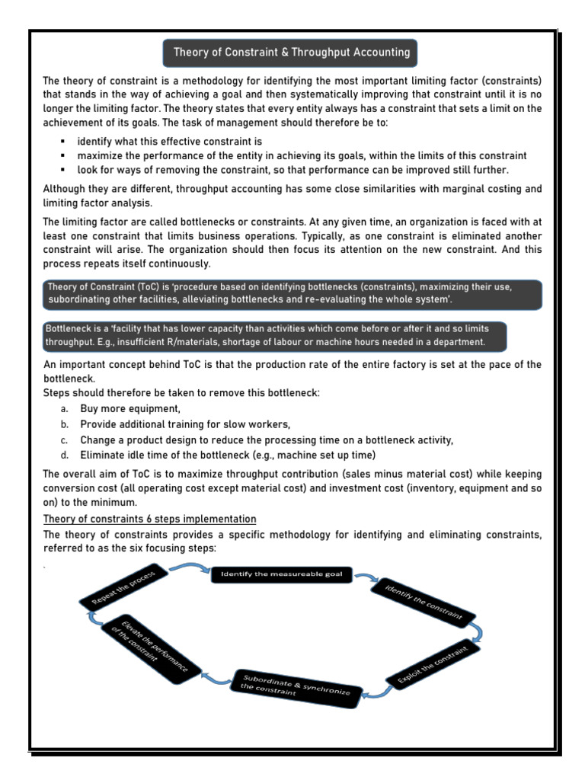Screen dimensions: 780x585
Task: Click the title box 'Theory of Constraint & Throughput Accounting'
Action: click(x=292, y=53)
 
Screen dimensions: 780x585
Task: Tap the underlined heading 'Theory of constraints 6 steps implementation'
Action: click(x=149, y=519)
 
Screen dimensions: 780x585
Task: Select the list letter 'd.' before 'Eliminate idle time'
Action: click(x=66, y=456)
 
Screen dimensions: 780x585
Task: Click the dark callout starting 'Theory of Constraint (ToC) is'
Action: click(x=292, y=294)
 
